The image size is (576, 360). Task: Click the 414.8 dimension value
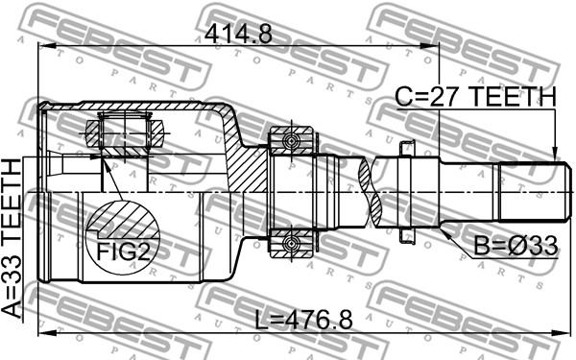tap(238, 34)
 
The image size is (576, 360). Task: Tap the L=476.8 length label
tap(303, 320)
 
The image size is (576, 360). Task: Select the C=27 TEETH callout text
tap(475, 96)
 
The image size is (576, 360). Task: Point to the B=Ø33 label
tap(516, 246)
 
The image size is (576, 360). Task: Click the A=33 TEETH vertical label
tap(12, 239)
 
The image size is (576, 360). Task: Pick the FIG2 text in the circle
tap(123, 252)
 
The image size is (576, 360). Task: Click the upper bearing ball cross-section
tap(292, 141)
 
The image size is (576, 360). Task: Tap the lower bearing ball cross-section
tap(292, 243)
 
